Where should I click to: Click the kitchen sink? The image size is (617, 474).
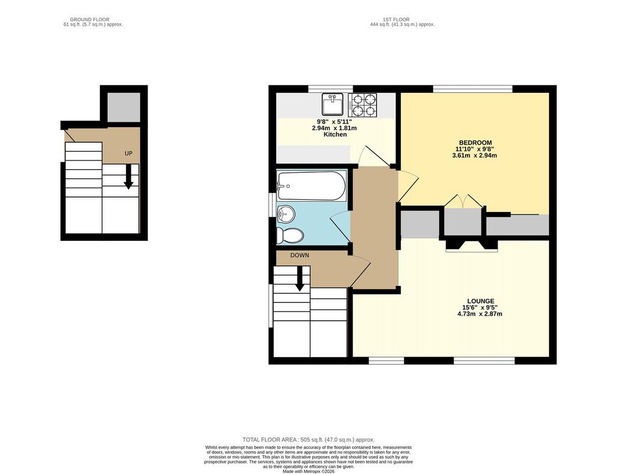click(x=333, y=104)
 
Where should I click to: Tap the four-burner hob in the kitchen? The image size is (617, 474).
click(x=362, y=105)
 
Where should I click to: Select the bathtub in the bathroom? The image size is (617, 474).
click(x=312, y=186)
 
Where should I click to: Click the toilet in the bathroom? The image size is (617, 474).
click(x=290, y=235)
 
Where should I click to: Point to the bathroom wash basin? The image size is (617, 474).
click(x=286, y=214)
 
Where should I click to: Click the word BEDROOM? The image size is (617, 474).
click(x=475, y=143)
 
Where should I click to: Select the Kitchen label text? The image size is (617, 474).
click(x=335, y=134)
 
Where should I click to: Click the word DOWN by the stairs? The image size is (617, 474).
click(x=299, y=255)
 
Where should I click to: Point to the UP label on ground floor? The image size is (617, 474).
click(x=128, y=154)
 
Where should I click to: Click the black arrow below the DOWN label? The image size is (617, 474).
click(x=300, y=279)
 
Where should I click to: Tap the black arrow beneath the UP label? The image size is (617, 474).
click(x=128, y=176)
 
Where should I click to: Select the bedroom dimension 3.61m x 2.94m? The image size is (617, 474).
click(x=475, y=155)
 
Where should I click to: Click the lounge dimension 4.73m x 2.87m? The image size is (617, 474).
click(x=480, y=314)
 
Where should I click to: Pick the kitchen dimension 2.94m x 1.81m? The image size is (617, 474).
click(x=334, y=128)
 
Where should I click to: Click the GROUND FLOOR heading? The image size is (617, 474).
click(x=90, y=19)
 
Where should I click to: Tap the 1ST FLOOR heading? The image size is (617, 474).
click(x=396, y=19)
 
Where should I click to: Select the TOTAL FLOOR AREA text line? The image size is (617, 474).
click(x=308, y=440)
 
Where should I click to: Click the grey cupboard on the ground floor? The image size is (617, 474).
click(x=124, y=107)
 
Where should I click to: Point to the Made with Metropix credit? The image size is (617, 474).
click(x=308, y=471)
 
